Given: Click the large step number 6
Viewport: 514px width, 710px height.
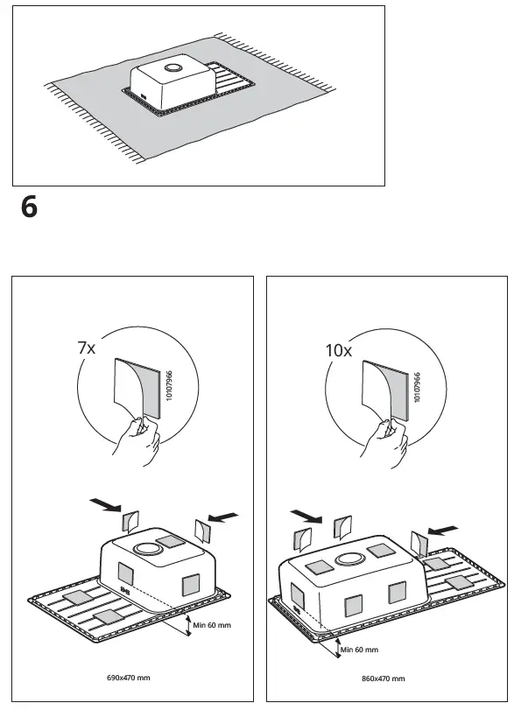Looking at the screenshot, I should (x=28, y=209).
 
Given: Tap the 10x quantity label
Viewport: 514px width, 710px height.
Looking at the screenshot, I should (x=338, y=350).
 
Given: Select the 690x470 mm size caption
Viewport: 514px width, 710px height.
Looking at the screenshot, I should (x=130, y=678).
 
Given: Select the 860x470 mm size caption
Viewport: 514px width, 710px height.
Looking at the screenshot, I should (x=383, y=678).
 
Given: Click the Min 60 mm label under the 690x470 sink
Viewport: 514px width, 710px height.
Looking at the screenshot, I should (x=213, y=625).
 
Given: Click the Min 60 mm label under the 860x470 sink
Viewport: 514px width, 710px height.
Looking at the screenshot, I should (x=359, y=650).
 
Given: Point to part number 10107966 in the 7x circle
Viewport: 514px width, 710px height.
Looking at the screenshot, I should (x=169, y=386).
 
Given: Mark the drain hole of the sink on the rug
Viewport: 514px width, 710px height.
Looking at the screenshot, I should (x=171, y=67).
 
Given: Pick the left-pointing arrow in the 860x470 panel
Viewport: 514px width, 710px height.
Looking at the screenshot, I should (x=441, y=528).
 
